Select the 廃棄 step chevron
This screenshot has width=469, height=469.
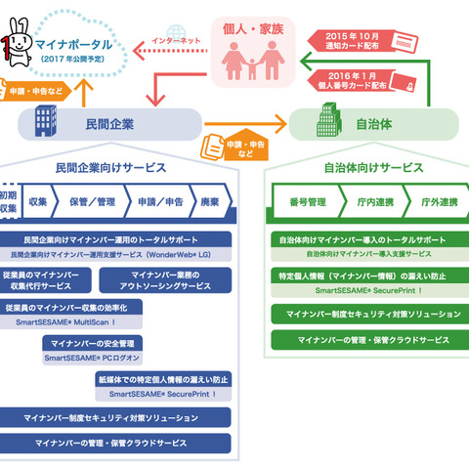click(x=209, y=201)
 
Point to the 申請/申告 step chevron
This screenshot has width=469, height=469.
click(x=153, y=201)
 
